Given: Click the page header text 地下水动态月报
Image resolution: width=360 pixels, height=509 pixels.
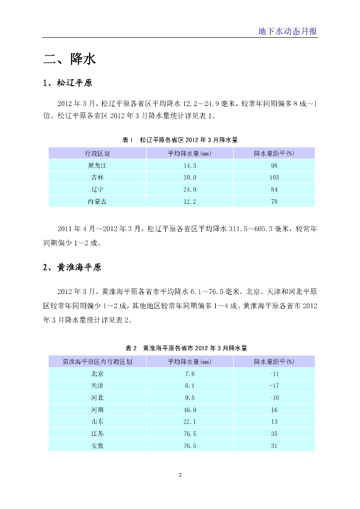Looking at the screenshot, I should click(x=287, y=31).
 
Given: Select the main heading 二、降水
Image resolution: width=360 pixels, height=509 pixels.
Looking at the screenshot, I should click(x=69, y=60).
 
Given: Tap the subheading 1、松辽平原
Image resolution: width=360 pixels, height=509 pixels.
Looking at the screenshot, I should click(x=68, y=83).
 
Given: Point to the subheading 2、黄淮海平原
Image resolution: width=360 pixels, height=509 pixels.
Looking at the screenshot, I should click(x=72, y=267).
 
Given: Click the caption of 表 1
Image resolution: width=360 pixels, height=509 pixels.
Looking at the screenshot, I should click(x=180, y=140).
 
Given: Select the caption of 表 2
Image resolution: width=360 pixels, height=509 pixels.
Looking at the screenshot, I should click(x=180, y=348).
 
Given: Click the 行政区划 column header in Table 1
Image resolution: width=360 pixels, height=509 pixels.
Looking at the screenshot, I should click(x=97, y=153).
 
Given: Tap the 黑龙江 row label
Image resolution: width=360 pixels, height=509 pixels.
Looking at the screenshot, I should click(x=97, y=166).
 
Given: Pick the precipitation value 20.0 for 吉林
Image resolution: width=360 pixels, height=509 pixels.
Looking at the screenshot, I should click(x=190, y=177).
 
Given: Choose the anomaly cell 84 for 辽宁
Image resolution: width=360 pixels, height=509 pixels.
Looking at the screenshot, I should click(x=274, y=189).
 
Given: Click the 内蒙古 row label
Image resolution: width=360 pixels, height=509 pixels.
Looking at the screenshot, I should click(x=97, y=201).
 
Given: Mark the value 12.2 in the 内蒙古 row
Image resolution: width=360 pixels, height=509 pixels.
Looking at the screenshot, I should click(x=190, y=201).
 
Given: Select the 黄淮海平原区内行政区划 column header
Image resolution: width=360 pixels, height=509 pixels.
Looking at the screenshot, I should click(x=97, y=361).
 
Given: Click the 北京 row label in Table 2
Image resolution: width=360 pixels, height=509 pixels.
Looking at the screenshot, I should click(x=97, y=374).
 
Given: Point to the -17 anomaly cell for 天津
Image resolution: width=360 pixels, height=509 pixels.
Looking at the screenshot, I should click(x=274, y=386).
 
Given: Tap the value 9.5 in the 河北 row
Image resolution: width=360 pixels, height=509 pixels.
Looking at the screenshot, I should click(x=190, y=398).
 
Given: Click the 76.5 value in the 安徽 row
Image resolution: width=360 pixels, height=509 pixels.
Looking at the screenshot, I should click(x=190, y=446).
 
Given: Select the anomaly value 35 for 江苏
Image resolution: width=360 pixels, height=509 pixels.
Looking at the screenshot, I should click(x=274, y=434).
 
